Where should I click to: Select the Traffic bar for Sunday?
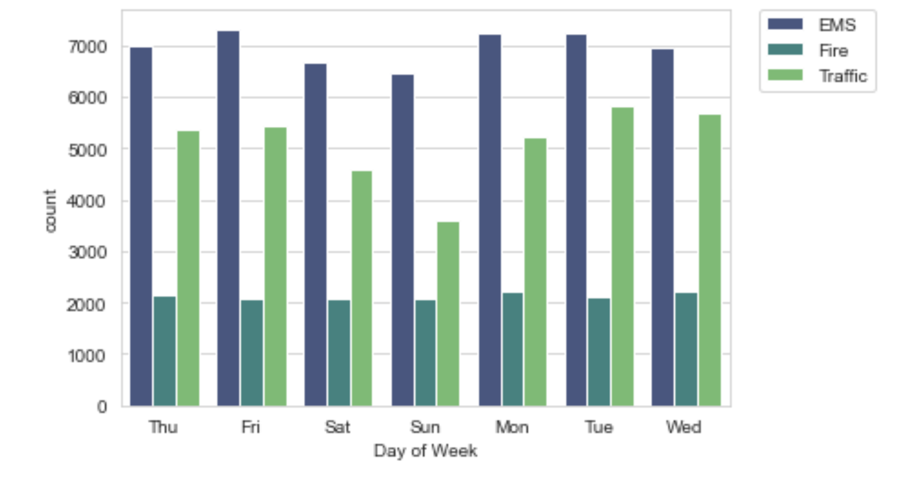(448, 314)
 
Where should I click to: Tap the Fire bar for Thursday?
(165, 351)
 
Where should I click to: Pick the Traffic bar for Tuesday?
(622, 257)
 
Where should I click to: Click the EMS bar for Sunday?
(402, 241)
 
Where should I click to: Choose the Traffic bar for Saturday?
(362, 288)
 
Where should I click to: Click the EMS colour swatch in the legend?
(785, 24)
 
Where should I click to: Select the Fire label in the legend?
(834, 50)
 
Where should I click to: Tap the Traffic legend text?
(843, 76)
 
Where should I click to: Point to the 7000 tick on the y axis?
(87, 47)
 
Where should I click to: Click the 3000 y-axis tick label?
(87, 252)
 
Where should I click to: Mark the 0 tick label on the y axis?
(102, 407)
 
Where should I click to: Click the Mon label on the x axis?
(512, 427)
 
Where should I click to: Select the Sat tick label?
(337, 427)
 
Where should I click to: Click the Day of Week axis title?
(425, 451)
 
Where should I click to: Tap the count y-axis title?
(50, 211)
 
